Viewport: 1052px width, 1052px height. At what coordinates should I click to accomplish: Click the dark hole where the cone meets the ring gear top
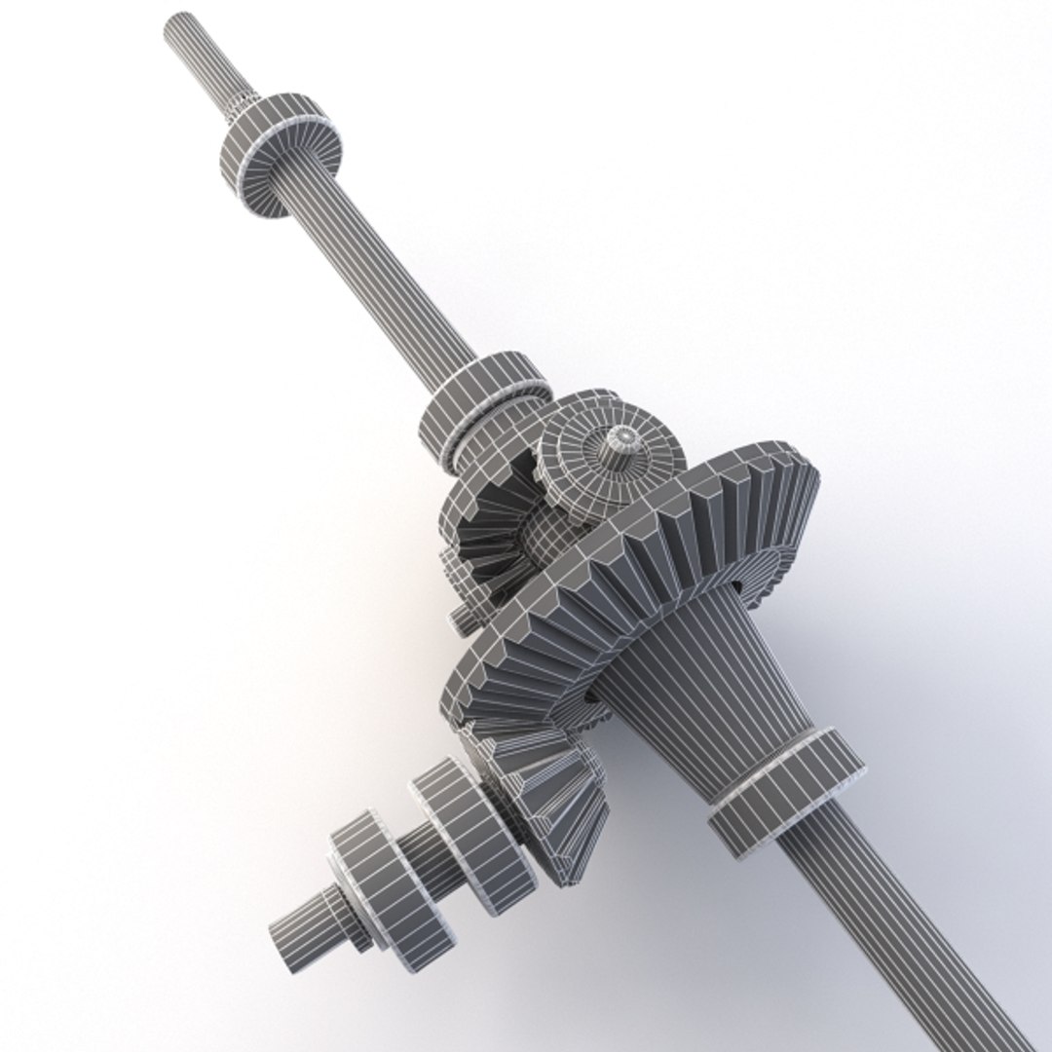point(738,586)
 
